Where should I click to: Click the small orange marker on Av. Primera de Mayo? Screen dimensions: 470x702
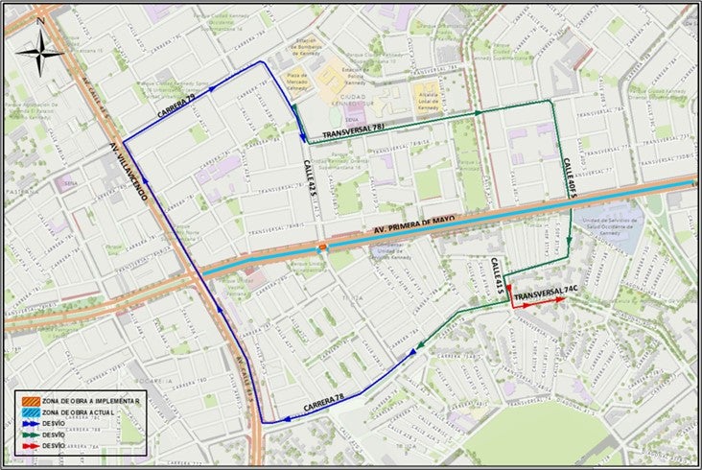323,247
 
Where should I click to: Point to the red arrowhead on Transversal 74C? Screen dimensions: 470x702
559,299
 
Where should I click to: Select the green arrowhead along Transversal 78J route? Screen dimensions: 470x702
477,113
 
